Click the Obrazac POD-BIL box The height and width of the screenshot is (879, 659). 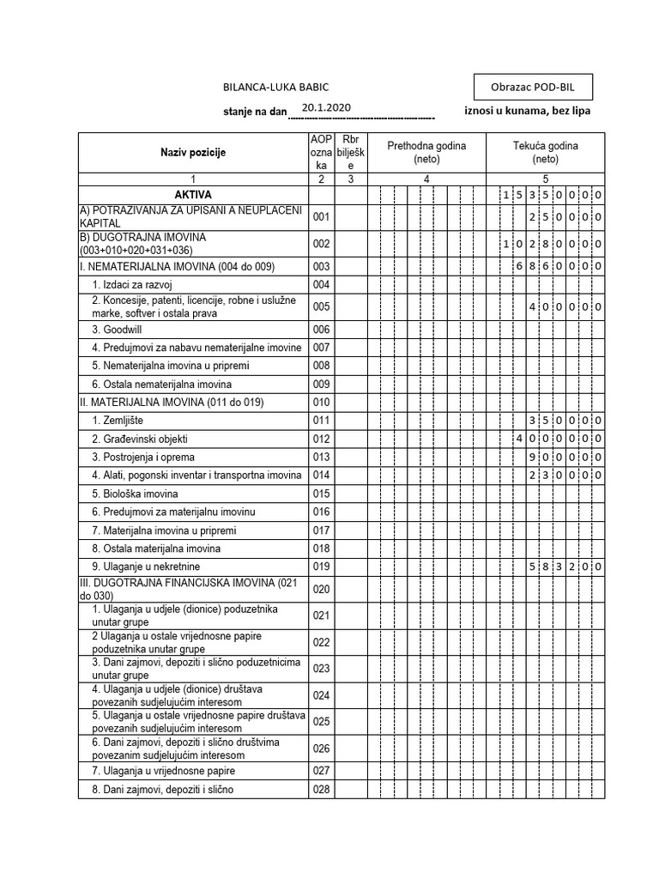tap(532, 88)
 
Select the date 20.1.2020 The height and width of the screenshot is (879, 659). tap(326, 107)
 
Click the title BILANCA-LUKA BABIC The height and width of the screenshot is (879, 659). tap(275, 88)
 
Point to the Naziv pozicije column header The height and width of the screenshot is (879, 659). tap(193, 152)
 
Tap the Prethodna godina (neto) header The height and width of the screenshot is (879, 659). tap(426, 152)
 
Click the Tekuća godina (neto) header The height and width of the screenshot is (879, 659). tap(545, 152)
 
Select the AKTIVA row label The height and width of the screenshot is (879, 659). tap(193, 195)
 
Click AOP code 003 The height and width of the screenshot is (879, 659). tap(322, 267)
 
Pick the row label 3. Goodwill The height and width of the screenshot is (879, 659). tap(125, 330)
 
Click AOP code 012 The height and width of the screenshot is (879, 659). tap(322, 439)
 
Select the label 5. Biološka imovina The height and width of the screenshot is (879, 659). tap(135, 494)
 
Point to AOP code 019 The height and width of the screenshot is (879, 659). tap(322, 567)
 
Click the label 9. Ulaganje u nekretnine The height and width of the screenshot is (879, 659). tap(146, 567)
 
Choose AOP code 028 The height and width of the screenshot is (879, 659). tap(322, 790)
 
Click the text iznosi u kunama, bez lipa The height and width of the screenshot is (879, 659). tap(527, 111)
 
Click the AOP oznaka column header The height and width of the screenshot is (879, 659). tap(321, 152)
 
